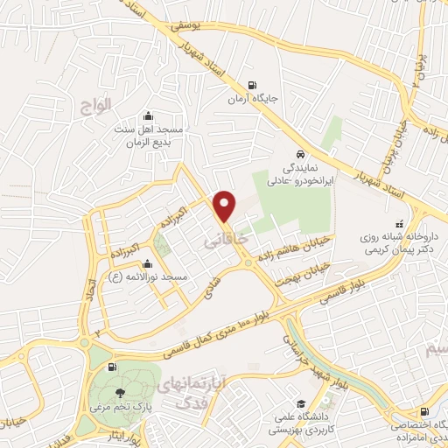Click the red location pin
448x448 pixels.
click(226, 206)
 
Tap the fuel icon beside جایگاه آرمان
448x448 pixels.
click(254, 86)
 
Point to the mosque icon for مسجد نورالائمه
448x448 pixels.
click(147, 262)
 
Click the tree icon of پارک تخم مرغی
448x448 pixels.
click(119, 392)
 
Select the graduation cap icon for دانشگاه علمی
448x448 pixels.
click(301, 404)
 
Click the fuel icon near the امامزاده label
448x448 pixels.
click(424, 411)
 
